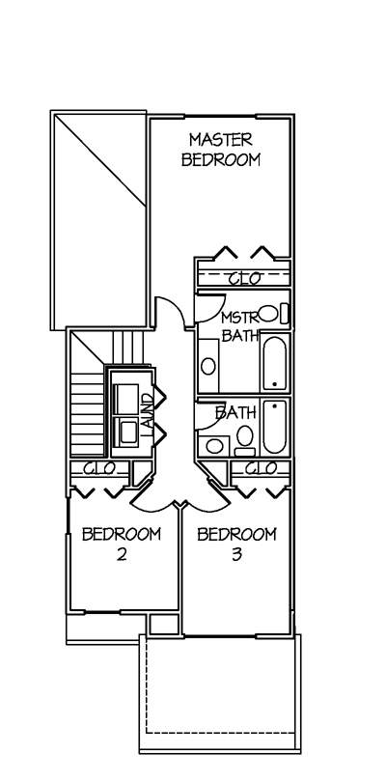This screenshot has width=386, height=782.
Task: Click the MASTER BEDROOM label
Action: pyautogui.click(x=220, y=149)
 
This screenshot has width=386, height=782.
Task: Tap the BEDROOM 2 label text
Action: pyautogui.click(x=122, y=544)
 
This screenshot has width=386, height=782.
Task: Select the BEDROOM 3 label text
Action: pyautogui.click(x=236, y=544)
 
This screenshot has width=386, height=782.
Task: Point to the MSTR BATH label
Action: pyautogui.click(x=240, y=326)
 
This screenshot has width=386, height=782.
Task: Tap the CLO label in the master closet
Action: pyautogui.click(x=244, y=278)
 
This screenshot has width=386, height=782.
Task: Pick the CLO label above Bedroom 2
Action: pyautogui.click(x=99, y=468)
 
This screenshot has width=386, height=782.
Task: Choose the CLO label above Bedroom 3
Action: pyautogui.click(x=261, y=468)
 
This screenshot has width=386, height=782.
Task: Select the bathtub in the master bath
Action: pyautogui.click(x=275, y=363)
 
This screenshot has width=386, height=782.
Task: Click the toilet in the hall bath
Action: pyautogui.click(x=245, y=440)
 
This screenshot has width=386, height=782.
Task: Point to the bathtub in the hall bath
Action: pyautogui.click(x=275, y=426)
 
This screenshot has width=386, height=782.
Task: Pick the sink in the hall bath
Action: pyautogui.click(x=214, y=445)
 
